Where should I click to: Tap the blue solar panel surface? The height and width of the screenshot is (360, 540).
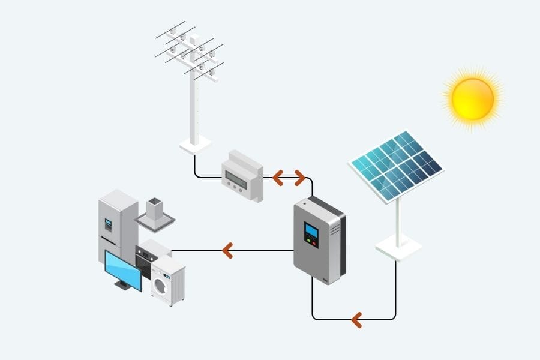[x=396, y=164]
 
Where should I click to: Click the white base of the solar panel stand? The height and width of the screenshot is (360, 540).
[x=398, y=247]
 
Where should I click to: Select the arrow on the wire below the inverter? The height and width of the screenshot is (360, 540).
[x=356, y=319]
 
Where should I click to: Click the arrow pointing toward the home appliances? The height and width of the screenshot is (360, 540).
[x=227, y=250]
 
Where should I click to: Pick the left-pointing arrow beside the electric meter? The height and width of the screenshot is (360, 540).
[x=278, y=178]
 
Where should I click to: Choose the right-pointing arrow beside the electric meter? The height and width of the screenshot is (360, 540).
[x=299, y=178]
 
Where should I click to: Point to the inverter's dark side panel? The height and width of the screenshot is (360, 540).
[x=335, y=240]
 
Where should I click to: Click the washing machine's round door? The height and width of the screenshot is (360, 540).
[x=161, y=286]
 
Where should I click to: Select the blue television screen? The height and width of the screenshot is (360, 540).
[x=123, y=269]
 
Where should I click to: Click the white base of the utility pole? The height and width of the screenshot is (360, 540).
[x=195, y=145]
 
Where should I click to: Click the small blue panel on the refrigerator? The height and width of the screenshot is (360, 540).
[x=109, y=224]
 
